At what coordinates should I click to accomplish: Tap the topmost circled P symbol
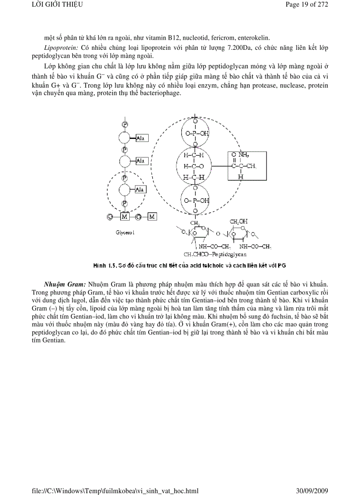(x=125, y=124)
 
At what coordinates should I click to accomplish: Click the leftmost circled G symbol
(x=110, y=216)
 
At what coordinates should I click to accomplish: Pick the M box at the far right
(x=152, y=216)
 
